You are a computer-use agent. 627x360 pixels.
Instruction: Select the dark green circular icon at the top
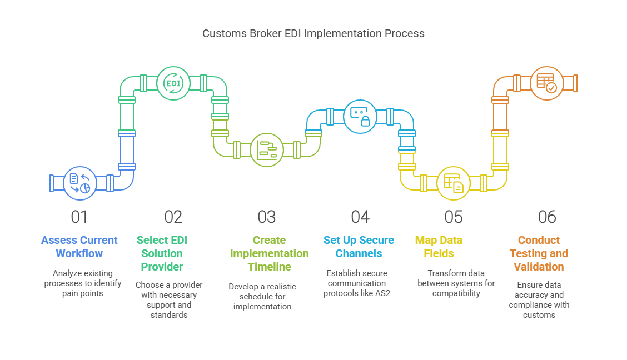[174, 83]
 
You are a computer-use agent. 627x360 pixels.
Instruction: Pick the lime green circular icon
[267, 150]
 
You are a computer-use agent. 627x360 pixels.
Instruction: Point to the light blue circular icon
[361, 116]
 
